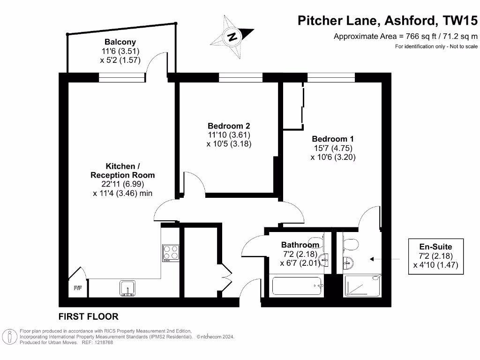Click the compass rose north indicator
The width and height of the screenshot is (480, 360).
point(232,36)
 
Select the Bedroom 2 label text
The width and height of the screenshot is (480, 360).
point(229,126)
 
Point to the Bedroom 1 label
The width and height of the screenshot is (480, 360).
point(333,139)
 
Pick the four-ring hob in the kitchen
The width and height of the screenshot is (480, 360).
point(170,253)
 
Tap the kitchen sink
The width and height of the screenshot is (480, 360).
point(127,287)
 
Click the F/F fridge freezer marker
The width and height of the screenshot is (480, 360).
point(77,288)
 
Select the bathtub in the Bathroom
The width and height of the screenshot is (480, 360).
point(297,286)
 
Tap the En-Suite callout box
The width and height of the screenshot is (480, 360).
point(436,255)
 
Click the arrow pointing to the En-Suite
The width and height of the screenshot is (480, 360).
point(384,259)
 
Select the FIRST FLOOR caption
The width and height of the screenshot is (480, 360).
point(89,316)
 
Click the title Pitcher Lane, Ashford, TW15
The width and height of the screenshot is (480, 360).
point(388,21)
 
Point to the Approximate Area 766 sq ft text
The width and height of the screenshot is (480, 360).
point(405,37)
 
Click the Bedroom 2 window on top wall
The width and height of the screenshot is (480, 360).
point(240,78)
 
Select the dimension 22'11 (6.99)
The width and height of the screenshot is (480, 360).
point(122,184)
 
